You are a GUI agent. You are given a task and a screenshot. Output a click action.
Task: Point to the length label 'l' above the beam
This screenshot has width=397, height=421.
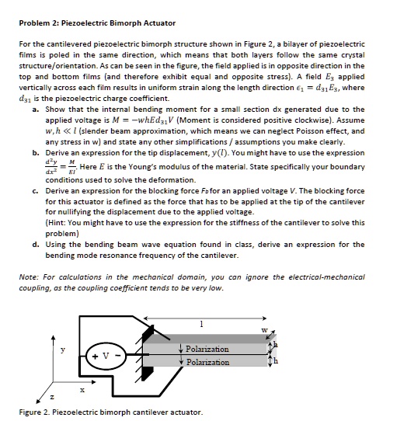202,323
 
